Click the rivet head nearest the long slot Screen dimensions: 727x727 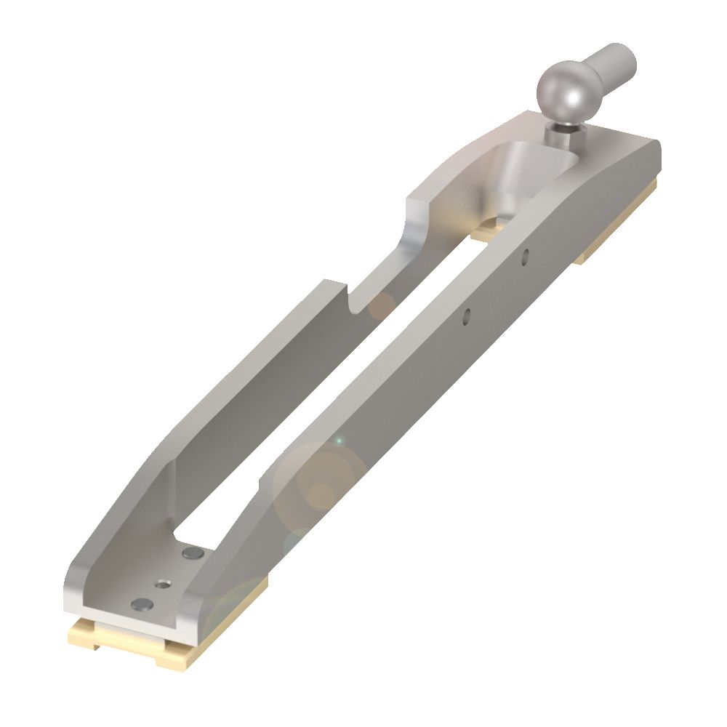pos(193,554)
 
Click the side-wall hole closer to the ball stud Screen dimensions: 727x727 pos(525,255)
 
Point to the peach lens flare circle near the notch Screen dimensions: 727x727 pos(379,307)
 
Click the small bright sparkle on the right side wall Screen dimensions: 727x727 pos(337,441)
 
